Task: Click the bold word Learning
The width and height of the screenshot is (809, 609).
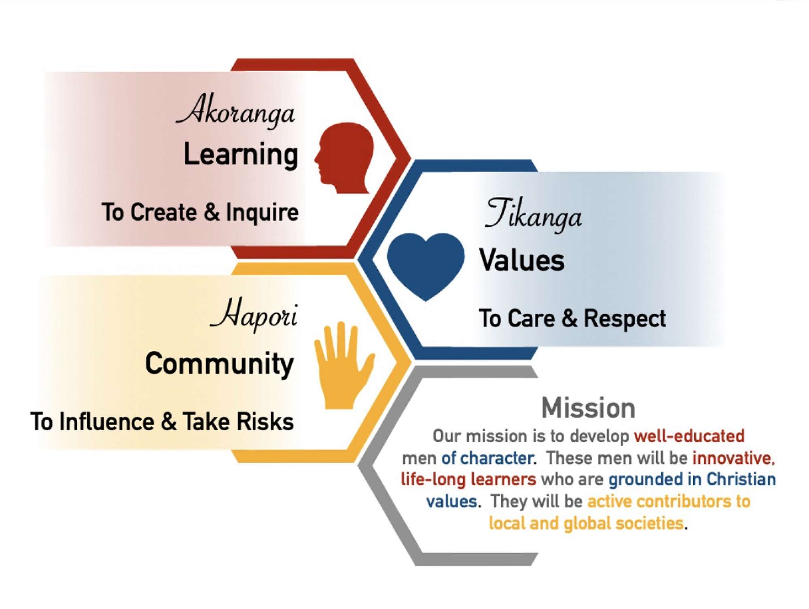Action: pos(241,155)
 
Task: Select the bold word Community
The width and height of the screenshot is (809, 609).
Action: pos(220,365)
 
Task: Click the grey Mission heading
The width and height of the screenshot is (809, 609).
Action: pos(588,408)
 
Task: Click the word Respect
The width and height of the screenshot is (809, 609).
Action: pos(625,319)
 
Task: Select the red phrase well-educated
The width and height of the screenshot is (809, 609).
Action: pos(689,436)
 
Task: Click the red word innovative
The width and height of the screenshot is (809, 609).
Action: pos(734,458)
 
